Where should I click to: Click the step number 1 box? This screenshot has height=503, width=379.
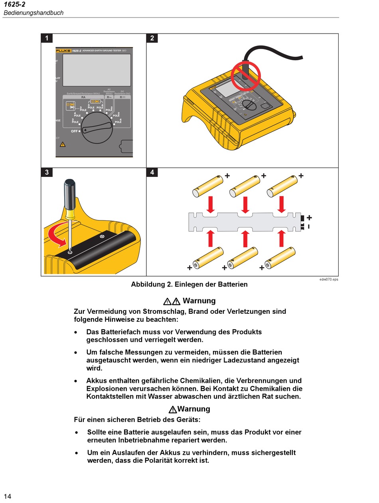47,38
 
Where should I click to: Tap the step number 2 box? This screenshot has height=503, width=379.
152,38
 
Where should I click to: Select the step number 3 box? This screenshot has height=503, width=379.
47,172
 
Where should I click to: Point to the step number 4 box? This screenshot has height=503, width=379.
152,172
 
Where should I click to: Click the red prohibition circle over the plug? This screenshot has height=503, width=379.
246,75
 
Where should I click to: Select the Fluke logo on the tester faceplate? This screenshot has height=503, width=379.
63,51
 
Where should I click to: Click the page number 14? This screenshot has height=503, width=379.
8,496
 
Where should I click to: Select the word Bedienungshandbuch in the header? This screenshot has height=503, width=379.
34,13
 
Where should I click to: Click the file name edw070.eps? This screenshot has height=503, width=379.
328,279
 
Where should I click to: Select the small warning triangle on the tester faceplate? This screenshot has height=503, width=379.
63,144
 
